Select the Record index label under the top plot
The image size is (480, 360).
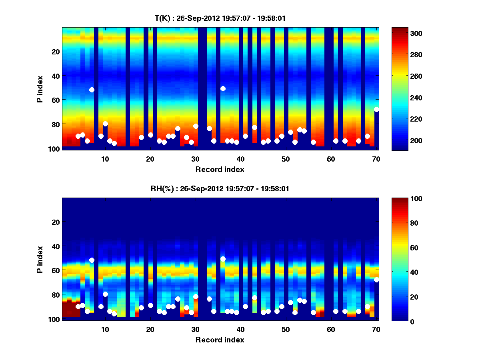coord(220,169)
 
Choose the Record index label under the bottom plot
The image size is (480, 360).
coord(220,340)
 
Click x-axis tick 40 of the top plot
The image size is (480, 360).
coord(240,159)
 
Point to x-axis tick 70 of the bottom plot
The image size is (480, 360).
coord(376,329)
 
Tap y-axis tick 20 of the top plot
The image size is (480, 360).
coord(55,51)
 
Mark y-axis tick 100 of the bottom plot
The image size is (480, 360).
coord(54,319)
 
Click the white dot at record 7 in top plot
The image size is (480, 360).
coord(92,90)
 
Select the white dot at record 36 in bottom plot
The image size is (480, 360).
coord(223,259)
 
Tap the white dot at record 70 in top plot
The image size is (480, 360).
coord(376,109)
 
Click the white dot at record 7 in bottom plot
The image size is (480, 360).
coord(92,260)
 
